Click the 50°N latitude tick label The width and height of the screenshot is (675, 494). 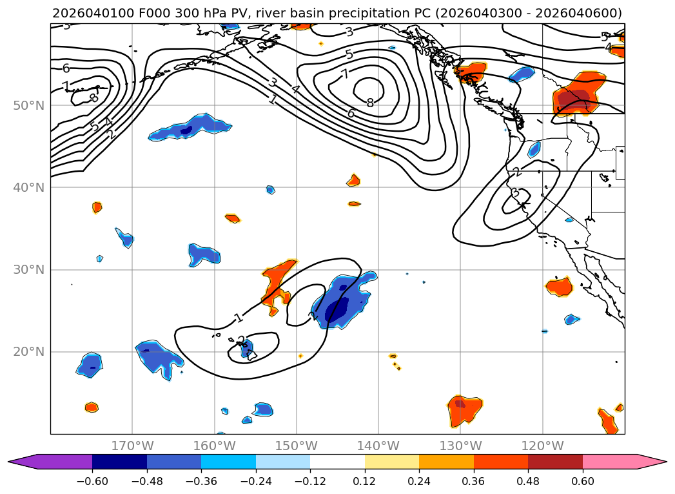pyautogui.click(x=28, y=105)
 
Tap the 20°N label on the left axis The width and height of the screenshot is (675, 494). pyautogui.click(x=28, y=352)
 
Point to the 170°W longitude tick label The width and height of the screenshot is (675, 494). pyautogui.click(x=132, y=446)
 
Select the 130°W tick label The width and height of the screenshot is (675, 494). pyautogui.click(x=460, y=446)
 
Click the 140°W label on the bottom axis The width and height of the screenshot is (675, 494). pyautogui.click(x=378, y=446)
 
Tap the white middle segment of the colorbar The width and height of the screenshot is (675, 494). pyautogui.click(x=337, y=462)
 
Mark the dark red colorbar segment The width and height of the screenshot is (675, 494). pyautogui.click(x=555, y=462)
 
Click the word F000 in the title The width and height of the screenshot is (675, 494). pyautogui.click(x=145, y=14)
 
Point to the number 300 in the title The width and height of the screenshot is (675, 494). pyautogui.click(x=178, y=14)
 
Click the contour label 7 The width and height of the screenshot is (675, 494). pyautogui.click(x=346, y=74)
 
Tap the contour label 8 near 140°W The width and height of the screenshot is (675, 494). pyautogui.click(x=370, y=103)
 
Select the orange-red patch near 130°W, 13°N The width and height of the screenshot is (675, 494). pyautogui.click(x=465, y=408)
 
